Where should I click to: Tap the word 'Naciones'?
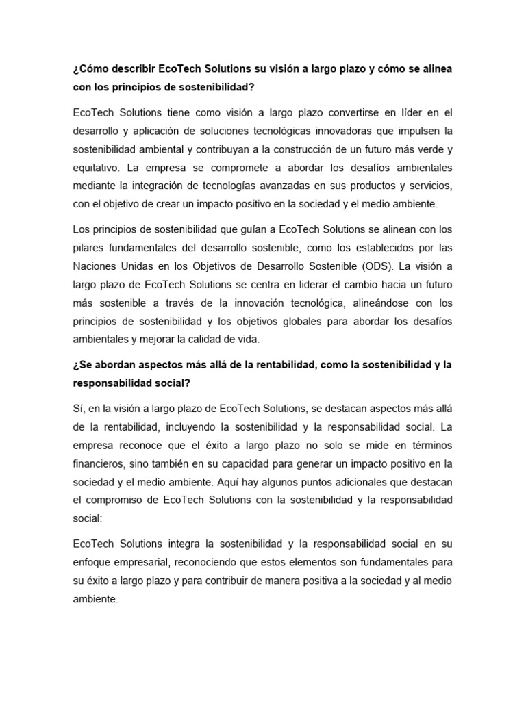pos(94,266)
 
